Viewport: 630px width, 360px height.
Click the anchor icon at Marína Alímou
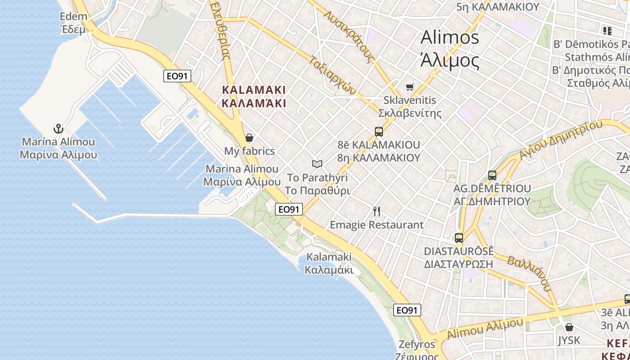coord(58,129)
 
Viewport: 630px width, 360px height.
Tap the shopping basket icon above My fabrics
coord(249,138)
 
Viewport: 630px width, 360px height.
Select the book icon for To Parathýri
coord(317,164)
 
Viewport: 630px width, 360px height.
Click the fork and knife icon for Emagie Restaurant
coord(377,211)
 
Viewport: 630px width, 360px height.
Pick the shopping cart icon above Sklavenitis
coord(409,87)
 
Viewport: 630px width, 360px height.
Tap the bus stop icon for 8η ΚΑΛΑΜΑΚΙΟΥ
coord(379,132)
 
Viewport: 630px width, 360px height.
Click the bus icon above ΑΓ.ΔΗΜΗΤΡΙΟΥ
coord(492,175)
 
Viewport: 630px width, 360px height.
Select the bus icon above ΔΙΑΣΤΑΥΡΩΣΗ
coord(459,238)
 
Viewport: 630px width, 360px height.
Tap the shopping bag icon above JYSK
coord(569,327)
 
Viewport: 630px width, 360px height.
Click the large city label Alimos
coord(450,37)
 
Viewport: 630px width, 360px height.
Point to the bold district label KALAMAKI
coord(254,90)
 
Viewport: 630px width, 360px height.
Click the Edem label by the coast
coord(73,17)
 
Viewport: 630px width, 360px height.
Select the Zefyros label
coord(417,345)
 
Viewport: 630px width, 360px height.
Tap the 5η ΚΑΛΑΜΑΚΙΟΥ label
coord(497,7)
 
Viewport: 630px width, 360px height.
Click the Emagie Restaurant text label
coord(377,225)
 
